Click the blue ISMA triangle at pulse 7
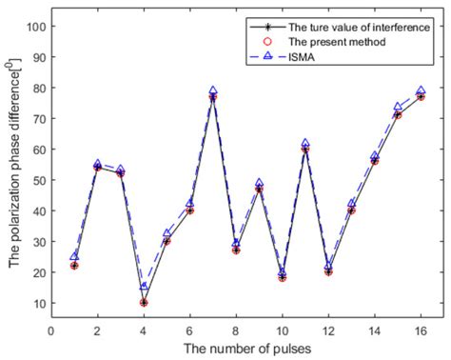(213, 90)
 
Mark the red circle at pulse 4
(144, 303)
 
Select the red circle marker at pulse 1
(74, 266)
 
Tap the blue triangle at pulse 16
(421, 90)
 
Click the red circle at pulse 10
(282, 277)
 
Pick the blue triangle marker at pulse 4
(144, 287)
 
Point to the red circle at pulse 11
(305, 149)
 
